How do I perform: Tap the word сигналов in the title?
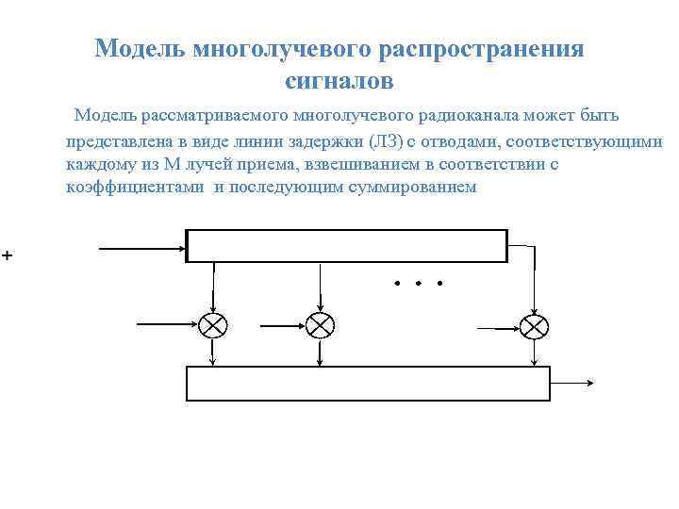[339, 81]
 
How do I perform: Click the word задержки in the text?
[321, 141]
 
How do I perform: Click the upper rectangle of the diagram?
[347, 245]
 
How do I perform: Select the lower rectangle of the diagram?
[368, 384]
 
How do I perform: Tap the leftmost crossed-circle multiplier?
[213, 326]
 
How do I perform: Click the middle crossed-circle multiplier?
[321, 326]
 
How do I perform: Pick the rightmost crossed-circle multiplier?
[535, 326]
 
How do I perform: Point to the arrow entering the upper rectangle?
[141, 249]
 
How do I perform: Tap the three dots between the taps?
[418, 282]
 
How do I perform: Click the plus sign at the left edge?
[7, 255]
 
